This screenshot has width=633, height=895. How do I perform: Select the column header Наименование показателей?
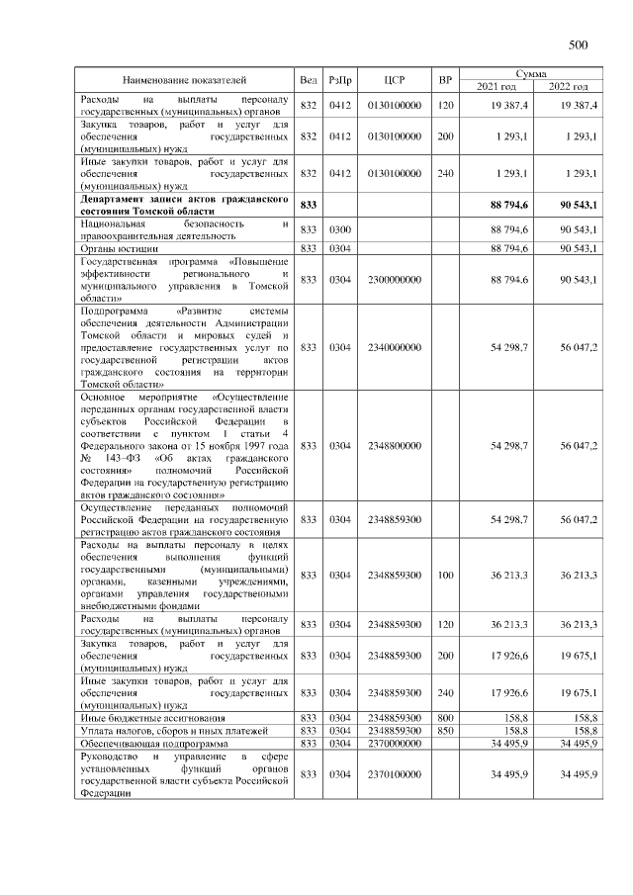click(x=184, y=79)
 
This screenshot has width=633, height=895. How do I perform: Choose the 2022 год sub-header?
click(x=569, y=87)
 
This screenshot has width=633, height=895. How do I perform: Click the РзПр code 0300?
click(x=340, y=229)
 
